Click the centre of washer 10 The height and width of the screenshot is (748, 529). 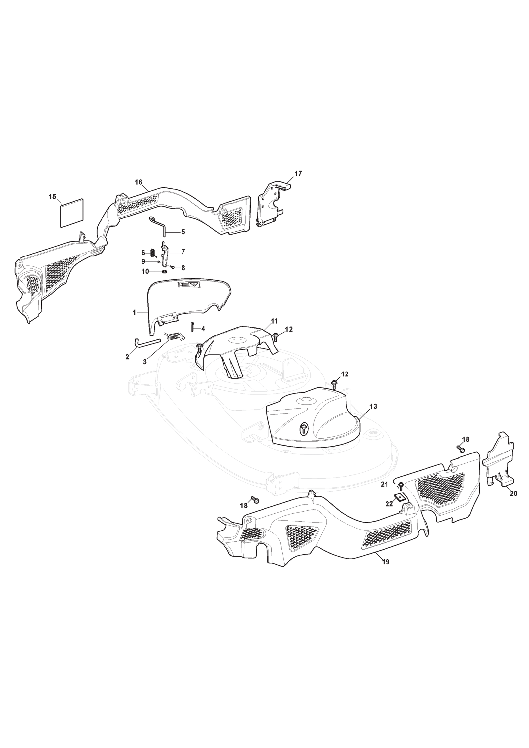(164, 272)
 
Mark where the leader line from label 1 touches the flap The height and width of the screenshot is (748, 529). (147, 312)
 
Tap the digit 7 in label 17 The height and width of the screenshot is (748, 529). (300, 174)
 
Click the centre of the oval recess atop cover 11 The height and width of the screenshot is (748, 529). (237, 339)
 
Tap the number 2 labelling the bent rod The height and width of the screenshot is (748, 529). (127, 357)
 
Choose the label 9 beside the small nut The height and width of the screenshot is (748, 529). (143, 261)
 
